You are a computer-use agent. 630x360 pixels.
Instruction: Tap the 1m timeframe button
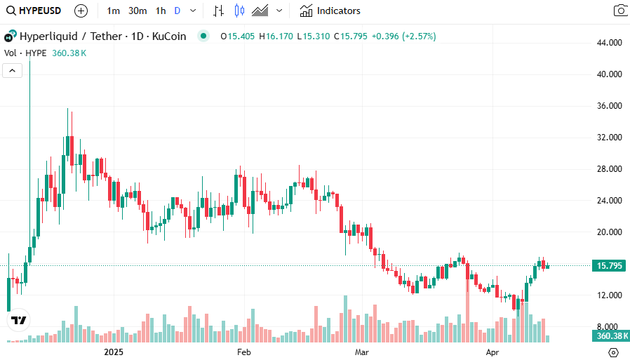[x=114, y=11]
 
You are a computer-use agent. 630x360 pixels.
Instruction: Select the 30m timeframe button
[x=138, y=11]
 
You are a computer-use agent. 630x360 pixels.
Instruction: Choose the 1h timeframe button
[x=161, y=11]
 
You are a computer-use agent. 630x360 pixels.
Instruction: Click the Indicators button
[x=330, y=11]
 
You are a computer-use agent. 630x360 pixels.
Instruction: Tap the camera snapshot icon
[x=620, y=11]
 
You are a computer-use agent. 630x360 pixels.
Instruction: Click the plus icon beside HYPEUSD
[x=81, y=11]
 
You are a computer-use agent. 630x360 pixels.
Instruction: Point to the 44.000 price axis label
[x=608, y=43]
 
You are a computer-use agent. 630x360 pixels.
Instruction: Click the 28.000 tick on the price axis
[x=608, y=169]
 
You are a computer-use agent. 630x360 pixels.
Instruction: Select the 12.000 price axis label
[x=608, y=295]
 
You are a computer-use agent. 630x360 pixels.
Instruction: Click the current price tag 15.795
[x=608, y=266]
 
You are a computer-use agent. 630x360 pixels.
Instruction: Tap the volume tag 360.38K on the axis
[x=608, y=337]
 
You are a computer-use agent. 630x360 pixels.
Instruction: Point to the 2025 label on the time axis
[x=114, y=352]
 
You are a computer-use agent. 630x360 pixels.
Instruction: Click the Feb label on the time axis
[x=243, y=352]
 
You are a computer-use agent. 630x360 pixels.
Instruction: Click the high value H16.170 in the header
[x=277, y=36]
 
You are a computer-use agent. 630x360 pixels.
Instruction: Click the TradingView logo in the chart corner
[x=19, y=320]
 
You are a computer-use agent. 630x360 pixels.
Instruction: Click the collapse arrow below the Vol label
[x=13, y=70]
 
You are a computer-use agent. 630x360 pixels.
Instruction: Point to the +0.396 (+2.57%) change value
[x=403, y=36]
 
